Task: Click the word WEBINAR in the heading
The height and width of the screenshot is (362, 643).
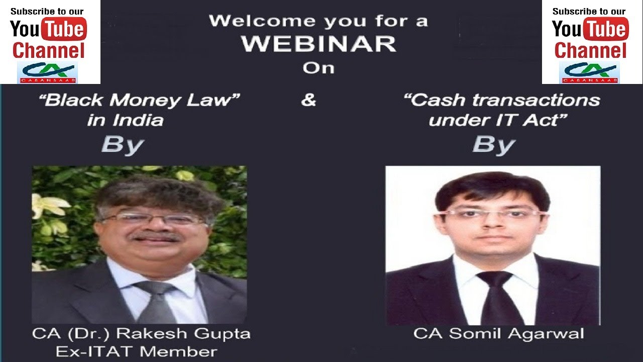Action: point(318,44)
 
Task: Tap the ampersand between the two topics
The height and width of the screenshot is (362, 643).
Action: point(308,100)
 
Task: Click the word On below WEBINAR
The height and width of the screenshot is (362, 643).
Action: point(318,67)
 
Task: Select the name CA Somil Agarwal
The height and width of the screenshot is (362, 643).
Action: point(498,333)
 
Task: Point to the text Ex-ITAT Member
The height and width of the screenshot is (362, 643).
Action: point(136,351)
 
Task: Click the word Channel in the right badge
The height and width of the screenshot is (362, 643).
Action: point(590,51)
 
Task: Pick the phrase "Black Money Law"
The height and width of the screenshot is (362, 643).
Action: point(140,100)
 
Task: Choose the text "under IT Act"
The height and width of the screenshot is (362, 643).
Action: point(494,120)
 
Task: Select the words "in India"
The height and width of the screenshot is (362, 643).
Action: point(125,120)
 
